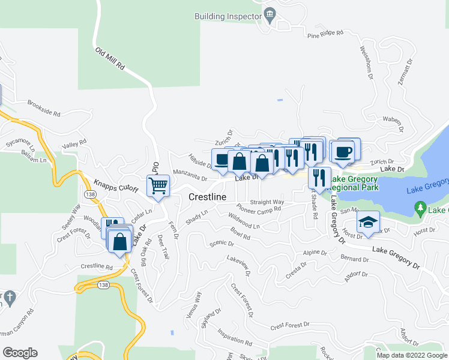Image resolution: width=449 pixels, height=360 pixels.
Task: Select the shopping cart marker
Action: pos(158,185)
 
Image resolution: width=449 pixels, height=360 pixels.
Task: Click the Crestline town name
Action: pos(207,197)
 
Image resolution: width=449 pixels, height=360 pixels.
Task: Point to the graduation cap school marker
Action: pos(368,223)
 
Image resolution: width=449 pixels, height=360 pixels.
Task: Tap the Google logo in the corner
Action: pos(20,353)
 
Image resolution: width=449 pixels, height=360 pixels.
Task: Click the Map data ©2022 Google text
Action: pos(411,355)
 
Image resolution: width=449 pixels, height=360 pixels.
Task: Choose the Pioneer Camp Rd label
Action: pos(258,210)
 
